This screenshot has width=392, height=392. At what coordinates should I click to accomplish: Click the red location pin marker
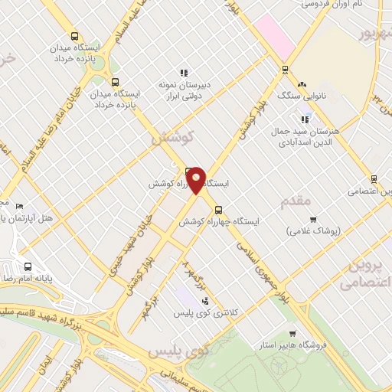coord(197,181)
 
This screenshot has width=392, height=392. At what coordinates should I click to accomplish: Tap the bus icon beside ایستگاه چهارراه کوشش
coord(218,209)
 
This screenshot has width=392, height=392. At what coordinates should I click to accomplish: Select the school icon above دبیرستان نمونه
coord(183,73)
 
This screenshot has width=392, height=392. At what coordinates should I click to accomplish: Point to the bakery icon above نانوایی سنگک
coord(302,84)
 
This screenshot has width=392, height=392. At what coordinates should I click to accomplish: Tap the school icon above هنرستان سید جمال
coord(305,119)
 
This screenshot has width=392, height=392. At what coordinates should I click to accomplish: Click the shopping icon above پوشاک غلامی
coord(312,220)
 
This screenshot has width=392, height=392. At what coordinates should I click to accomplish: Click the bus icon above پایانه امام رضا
coord(28,267)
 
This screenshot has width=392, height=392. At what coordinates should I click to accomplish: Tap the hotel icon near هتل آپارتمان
coord(20,206)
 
